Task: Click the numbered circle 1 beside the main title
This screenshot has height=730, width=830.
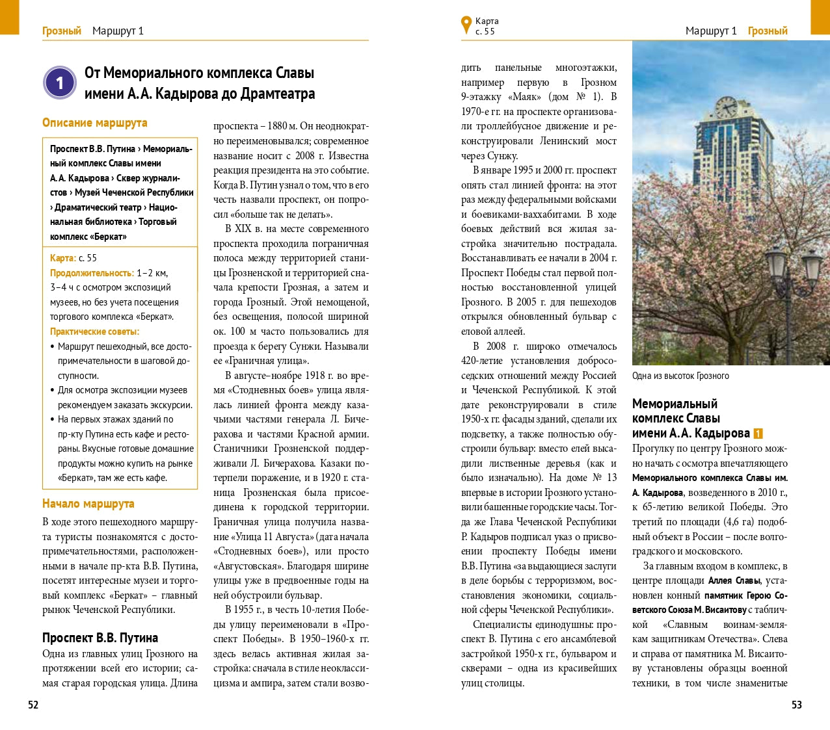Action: pos(60,83)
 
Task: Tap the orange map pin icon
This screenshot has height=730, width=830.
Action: pos(466,25)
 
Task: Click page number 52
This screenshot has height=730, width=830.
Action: pos(33,705)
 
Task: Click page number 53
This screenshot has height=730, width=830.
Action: pos(796,705)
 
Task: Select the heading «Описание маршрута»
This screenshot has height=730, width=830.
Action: pos(95,123)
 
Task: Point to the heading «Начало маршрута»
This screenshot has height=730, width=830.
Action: pos(88,503)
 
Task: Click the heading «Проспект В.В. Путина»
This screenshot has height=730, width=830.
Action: pos(100,638)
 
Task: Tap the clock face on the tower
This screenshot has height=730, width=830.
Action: pos(725,107)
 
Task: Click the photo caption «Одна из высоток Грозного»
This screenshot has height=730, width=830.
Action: pos(680,376)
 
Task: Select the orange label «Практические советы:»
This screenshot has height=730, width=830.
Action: pos(95,332)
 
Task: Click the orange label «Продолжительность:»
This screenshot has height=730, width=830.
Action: pos(92,273)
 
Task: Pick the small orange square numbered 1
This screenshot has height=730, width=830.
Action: pos(758,434)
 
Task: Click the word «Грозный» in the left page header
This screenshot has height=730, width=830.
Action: pos(62,31)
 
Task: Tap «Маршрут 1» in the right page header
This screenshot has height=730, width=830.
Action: pos(711,31)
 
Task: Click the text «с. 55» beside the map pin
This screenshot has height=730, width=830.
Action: pos(485,31)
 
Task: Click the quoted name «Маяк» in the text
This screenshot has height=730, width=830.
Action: pos(525,97)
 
